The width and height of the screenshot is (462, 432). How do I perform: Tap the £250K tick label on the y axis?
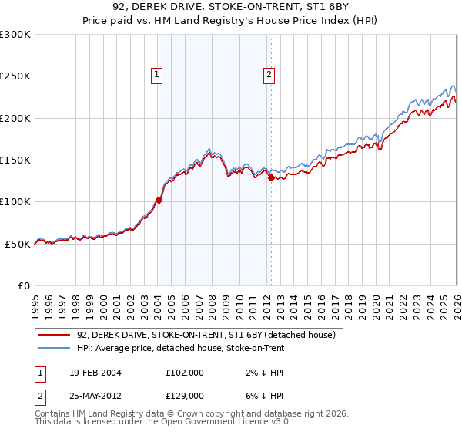coord(15,76)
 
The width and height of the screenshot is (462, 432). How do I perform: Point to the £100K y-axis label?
coord(15,201)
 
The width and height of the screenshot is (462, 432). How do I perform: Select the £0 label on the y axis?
coord(23,285)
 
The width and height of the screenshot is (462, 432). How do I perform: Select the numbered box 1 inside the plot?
coord(157,75)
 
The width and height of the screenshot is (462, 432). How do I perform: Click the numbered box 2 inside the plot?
coord(269,75)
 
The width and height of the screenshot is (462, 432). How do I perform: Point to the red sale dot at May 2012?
coord(271,177)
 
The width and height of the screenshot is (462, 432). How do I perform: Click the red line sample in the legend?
coord(55,336)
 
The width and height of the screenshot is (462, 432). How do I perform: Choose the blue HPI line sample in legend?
coord(55,349)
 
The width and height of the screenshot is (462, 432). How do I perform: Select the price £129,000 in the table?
coord(184,395)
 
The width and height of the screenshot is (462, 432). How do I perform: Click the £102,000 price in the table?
coord(184,373)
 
